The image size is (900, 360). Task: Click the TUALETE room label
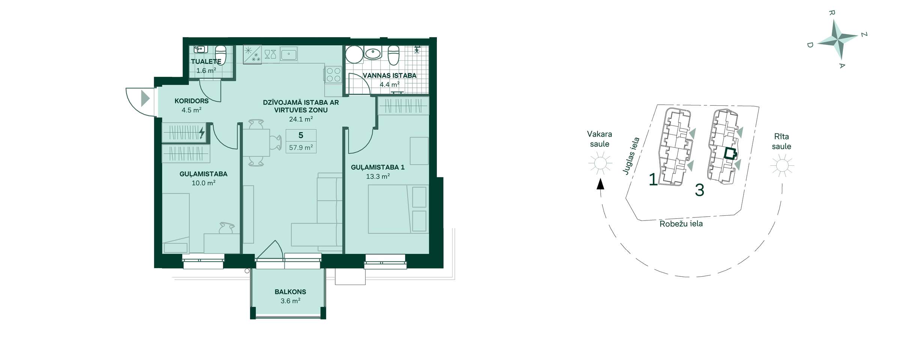(x=206, y=61)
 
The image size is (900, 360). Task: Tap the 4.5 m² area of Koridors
(x=192, y=110)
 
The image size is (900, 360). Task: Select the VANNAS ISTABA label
(x=390, y=75)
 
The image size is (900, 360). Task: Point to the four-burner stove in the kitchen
(x=333, y=74)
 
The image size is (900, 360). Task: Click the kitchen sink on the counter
(x=289, y=54)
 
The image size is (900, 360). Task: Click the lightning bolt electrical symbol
(x=202, y=132)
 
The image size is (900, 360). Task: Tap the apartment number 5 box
(x=301, y=135)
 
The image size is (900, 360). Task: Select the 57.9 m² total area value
(x=301, y=147)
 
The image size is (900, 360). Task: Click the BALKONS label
(x=290, y=292)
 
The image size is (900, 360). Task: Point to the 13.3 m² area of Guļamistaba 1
(x=378, y=176)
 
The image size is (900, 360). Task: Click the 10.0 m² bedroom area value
(x=204, y=183)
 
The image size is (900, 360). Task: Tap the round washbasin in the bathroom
(x=373, y=54)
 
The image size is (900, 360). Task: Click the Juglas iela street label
(x=631, y=156)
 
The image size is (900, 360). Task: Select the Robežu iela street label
(x=681, y=224)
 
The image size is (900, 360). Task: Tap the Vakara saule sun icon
(x=600, y=163)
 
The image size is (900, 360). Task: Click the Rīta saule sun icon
(x=782, y=165)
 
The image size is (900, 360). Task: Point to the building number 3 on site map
(x=699, y=190)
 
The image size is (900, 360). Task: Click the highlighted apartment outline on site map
(x=730, y=154)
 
